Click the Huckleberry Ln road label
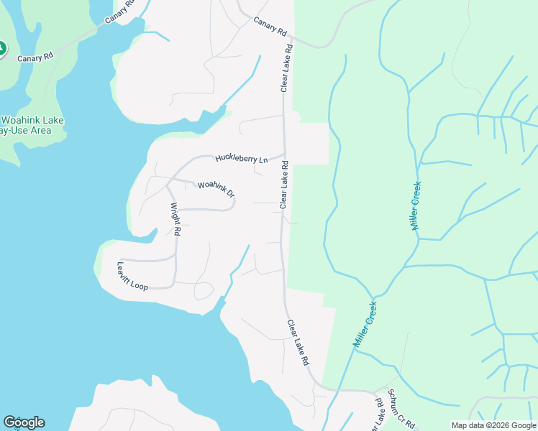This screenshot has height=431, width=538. tap(241, 157)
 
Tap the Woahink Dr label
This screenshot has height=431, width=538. tap(216, 190)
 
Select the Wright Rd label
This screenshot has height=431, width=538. tap(175, 219)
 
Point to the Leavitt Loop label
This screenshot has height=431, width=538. tap(132, 276)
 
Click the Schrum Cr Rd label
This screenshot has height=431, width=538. tap(401, 409)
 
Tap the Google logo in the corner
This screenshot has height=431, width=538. tap(24, 422)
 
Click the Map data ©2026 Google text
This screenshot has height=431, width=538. tap(493, 425)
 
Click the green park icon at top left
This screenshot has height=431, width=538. tap(1, 49)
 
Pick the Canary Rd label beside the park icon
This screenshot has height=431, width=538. tap(36, 58)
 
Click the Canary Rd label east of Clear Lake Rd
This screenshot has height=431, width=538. tap(270, 28)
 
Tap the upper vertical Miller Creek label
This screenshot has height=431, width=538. tap(416, 205)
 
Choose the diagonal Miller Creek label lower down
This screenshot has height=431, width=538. tap(365, 325)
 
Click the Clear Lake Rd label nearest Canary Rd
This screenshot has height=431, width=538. tap(288, 69)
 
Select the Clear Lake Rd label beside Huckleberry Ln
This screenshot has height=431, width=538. tap(284, 185)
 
